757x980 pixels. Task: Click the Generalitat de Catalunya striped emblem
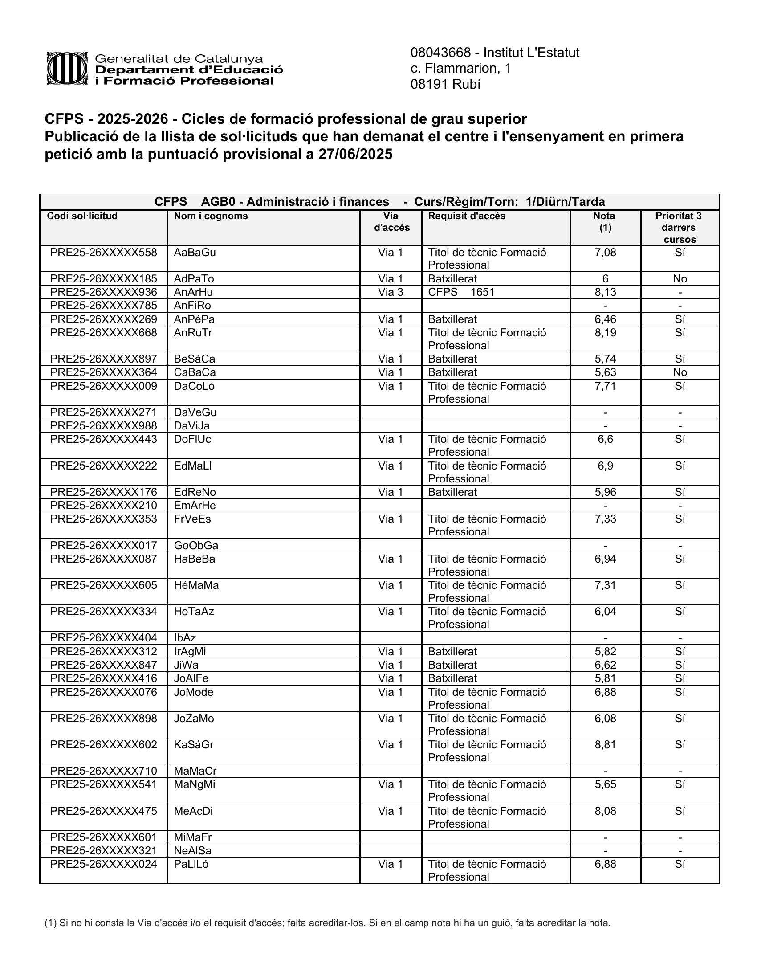67,69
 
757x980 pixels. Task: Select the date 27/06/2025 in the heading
355,155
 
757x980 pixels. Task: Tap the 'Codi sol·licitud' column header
82,216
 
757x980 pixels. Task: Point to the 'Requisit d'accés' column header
466,216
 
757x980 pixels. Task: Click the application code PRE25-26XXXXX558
104,253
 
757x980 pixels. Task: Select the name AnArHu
193,293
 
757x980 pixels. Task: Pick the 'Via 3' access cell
390,293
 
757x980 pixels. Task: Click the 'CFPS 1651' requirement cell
461,293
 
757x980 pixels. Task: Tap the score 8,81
605,745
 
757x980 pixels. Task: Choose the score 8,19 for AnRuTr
605,333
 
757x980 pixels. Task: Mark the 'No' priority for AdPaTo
680,279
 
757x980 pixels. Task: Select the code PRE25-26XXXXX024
104,864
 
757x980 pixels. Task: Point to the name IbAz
185,638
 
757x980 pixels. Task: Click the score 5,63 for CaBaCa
605,372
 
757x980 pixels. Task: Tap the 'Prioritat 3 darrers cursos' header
679,228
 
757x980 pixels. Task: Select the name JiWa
186,665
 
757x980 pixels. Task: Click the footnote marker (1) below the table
51,923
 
